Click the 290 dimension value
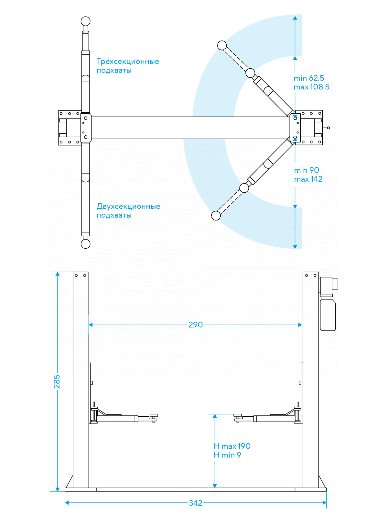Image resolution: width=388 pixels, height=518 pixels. click(196, 325)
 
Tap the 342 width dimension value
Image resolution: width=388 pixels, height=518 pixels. click(196, 503)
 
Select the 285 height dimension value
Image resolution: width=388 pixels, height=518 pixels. click(57, 381)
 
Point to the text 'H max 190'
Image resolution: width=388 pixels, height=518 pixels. click(232, 446)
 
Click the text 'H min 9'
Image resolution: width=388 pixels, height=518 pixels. click(227, 455)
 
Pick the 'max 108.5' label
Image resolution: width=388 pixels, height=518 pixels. click(311, 87)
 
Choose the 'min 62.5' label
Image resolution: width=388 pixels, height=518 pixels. click(309, 78)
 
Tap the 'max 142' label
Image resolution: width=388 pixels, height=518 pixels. click(308, 179)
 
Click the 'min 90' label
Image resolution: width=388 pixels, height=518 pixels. click(307, 170)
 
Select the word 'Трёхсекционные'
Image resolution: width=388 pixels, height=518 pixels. click(128, 62)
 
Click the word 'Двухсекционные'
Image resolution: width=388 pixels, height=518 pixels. click(128, 206)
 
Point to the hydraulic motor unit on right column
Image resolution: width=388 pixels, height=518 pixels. click(328, 304)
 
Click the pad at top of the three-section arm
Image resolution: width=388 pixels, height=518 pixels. click(85, 21)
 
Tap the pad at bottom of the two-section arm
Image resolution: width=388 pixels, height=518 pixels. click(85, 244)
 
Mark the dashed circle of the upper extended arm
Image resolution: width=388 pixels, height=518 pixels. click(222, 45)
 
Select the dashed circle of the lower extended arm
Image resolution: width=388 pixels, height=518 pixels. click(216, 216)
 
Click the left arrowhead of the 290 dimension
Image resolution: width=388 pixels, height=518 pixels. click(91, 325)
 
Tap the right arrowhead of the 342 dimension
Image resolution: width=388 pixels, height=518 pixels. click(324, 503)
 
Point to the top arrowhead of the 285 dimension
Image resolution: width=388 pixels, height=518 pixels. click(58, 274)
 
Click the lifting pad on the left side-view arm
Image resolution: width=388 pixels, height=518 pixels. click(154, 415)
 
